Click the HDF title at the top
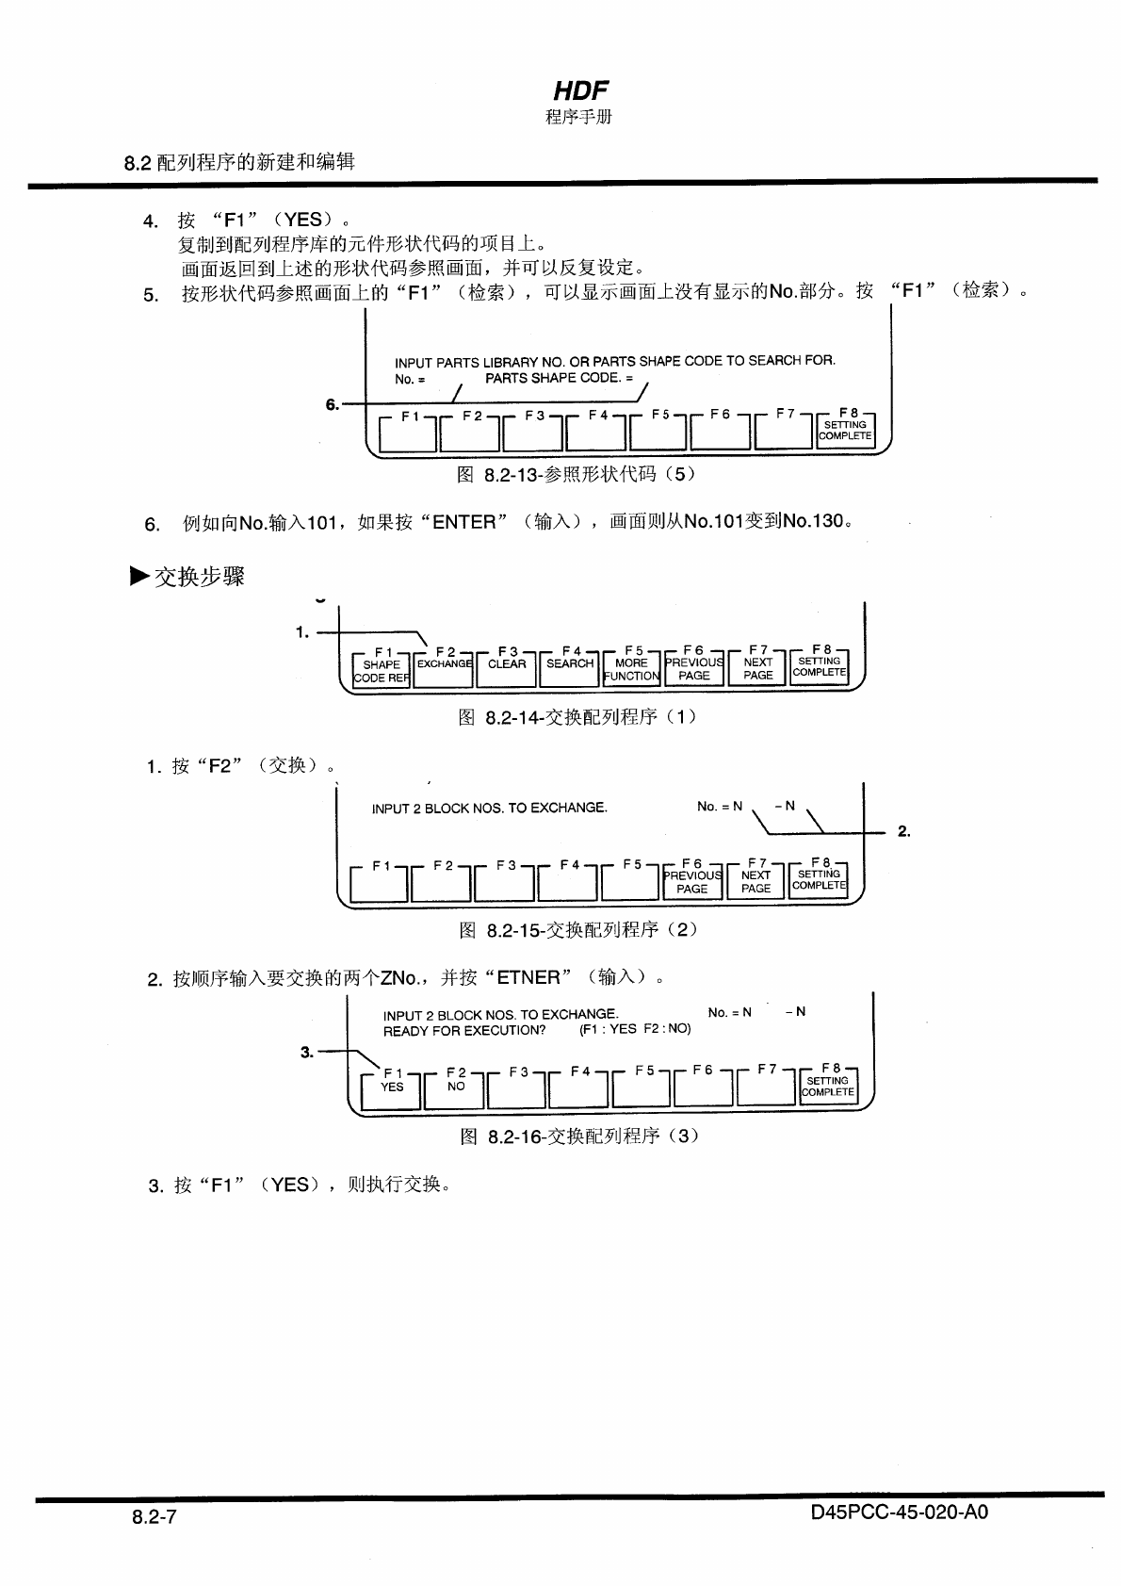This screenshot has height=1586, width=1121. click(580, 90)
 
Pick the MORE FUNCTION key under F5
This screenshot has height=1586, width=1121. click(631, 669)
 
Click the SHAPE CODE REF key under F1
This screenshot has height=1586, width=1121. click(382, 670)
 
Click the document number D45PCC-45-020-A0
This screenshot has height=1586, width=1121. click(899, 1512)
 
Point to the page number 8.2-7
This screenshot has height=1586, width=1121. click(154, 1517)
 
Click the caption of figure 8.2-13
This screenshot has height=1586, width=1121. click(577, 474)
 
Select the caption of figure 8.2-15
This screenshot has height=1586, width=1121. click(578, 930)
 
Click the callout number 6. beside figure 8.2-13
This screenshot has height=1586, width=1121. click(332, 404)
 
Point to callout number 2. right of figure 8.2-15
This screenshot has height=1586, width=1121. click(903, 831)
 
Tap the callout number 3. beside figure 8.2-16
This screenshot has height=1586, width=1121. click(307, 1052)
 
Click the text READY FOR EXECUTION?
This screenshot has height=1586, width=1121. click(464, 1030)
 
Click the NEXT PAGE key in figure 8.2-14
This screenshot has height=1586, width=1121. click(757, 668)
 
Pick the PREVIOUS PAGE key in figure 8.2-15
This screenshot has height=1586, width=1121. click(692, 881)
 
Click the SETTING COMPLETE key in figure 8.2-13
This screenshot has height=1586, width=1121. click(845, 430)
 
